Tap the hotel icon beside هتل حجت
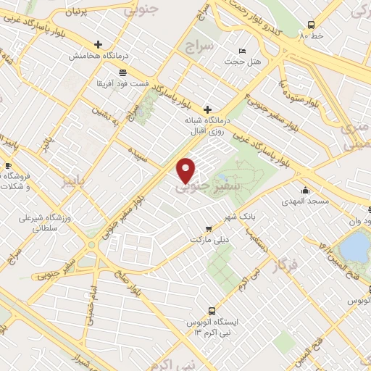pyautogui.click(x=241, y=51)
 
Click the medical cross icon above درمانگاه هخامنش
pyautogui.click(x=98, y=44)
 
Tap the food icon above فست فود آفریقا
pyautogui.click(x=122, y=72)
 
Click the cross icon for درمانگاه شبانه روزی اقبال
pyautogui.click(x=208, y=109)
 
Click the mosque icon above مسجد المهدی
pyautogui.click(x=305, y=190)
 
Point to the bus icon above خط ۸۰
pyautogui.click(x=311, y=23)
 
